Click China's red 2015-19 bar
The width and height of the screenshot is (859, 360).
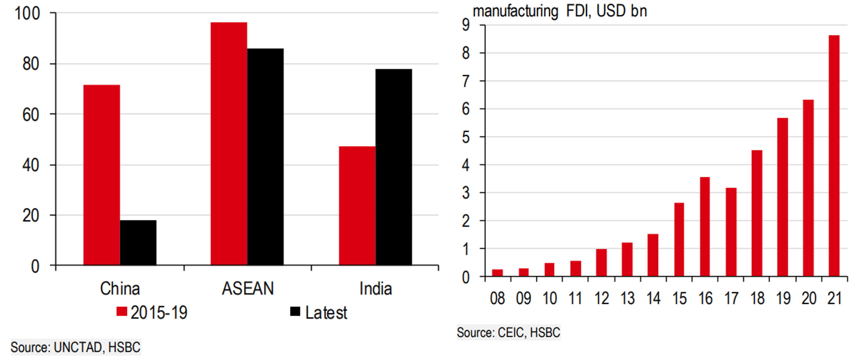pyautogui.click(x=101, y=175)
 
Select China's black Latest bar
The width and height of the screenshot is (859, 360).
pyautogui.click(x=138, y=243)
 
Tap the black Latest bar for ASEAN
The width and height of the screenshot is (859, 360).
pyautogui.click(x=265, y=157)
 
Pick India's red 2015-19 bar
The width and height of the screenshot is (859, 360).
pyautogui.click(x=357, y=206)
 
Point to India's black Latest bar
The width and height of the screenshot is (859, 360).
pyautogui.click(x=394, y=167)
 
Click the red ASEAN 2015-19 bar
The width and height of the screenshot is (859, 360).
pyautogui.click(x=229, y=143)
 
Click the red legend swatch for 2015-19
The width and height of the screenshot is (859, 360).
pyautogui.click(x=122, y=311)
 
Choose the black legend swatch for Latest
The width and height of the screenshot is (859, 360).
pyautogui.click(x=295, y=311)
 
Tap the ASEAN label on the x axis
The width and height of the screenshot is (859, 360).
pyautogui.click(x=248, y=289)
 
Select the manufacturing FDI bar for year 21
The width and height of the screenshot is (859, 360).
pyautogui.click(x=834, y=155)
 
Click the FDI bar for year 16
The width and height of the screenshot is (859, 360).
pyautogui.click(x=705, y=227)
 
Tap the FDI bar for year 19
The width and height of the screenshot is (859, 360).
pyautogui.click(x=782, y=197)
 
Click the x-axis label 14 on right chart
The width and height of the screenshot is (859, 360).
pyautogui.click(x=653, y=298)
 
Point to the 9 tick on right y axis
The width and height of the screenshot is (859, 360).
pyautogui.click(x=466, y=25)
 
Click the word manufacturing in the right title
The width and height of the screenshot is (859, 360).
pyautogui.click(x=515, y=11)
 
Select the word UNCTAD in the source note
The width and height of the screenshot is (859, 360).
pyautogui.click(x=78, y=347)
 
